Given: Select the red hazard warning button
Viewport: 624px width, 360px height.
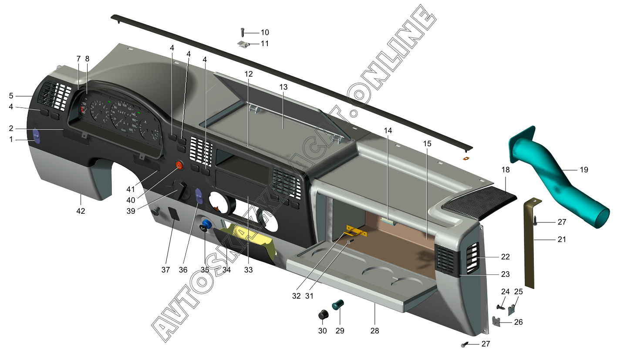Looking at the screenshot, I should (179, 165).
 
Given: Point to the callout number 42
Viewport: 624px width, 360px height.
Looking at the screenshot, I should (81, 211).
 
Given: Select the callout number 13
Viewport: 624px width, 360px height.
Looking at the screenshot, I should (283, 87).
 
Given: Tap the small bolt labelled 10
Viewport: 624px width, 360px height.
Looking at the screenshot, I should (243, 32).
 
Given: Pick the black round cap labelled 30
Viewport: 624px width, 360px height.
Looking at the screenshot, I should (323, 314).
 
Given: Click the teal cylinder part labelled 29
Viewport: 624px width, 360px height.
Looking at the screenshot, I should (338, 304).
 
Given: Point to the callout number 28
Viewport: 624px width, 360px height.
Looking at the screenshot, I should (374, 331).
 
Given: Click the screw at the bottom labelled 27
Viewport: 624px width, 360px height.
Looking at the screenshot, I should (464, 345).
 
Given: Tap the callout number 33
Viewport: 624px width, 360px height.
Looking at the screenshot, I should (248, 270).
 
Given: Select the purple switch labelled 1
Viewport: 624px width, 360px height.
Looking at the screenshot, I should (37, 136).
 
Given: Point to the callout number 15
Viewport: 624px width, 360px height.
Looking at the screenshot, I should (427, 143).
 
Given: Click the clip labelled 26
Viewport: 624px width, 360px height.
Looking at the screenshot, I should (496, 322).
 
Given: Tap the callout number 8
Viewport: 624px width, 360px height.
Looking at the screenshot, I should (87, 58).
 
